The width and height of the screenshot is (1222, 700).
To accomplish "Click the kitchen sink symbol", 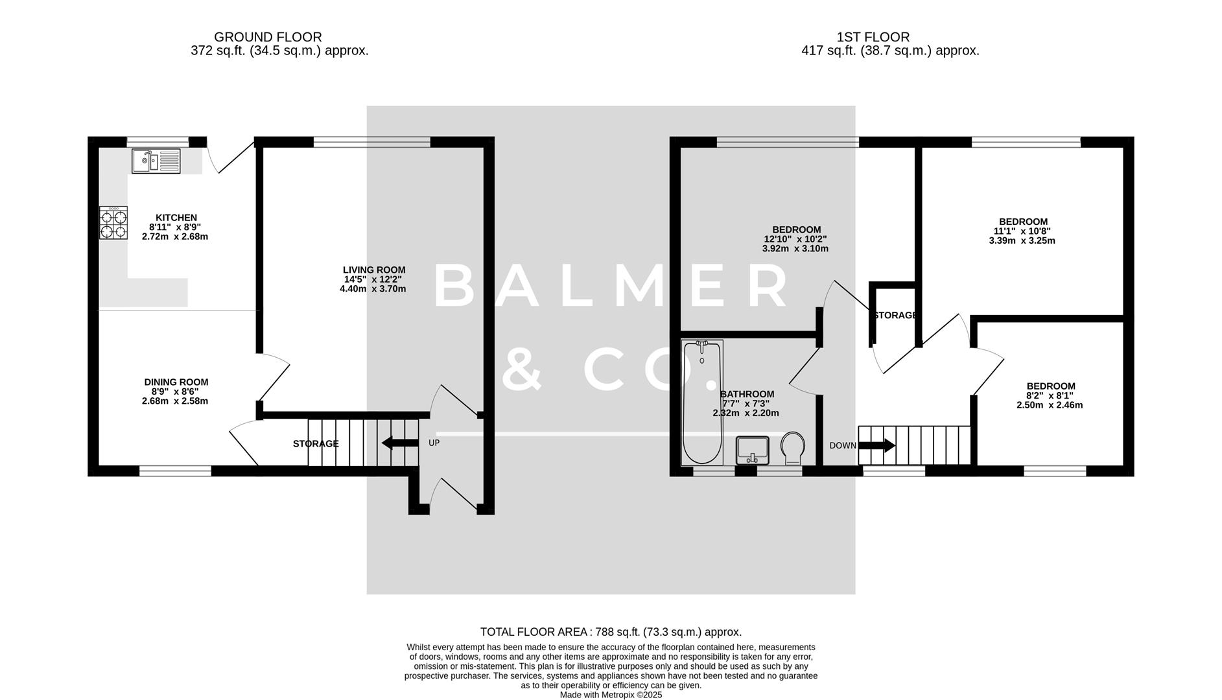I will (x=156, y=161).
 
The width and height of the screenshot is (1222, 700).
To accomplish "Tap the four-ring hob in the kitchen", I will (x=113, y=223).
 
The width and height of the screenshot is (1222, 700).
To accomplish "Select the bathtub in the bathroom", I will (x=701, y=402).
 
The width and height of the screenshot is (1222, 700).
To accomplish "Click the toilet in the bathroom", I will (x=792, y=448).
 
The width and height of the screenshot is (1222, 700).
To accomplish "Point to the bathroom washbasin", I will (x=752, y=449).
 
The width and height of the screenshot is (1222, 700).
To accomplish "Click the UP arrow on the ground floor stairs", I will (x=400, y=443).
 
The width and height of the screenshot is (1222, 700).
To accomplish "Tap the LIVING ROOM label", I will (x=374, y=270).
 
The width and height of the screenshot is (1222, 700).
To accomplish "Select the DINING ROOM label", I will (x=176, y=382).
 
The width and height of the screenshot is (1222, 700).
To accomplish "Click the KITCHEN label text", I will (x=176, y=218).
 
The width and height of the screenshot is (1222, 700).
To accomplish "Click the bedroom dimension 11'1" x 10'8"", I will (x=1022, y=231).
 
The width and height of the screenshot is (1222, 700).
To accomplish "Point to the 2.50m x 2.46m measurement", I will (x=1049, y=405).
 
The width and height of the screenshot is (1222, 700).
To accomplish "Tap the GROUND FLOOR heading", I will (x=268, y=38).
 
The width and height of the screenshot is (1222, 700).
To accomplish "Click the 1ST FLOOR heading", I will (x=873, y=38).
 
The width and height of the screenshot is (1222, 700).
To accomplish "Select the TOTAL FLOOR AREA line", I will (x=610, y=632).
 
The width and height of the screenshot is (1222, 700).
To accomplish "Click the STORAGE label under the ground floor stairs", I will (x=315, y=444).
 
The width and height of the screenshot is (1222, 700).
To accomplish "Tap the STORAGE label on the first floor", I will (x=895, y=316).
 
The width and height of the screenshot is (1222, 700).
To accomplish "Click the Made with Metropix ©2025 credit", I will (x=611, y=694).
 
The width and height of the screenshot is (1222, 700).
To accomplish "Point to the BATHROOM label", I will (x=747, y=394).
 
